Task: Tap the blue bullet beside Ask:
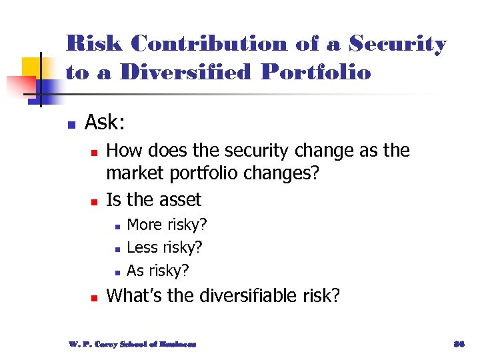[70, 124]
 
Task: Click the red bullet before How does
[94, 153]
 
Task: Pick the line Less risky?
[164, 247]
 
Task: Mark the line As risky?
[158, 270]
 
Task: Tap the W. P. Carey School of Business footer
[132, 344]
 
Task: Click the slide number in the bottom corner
[458, 344]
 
